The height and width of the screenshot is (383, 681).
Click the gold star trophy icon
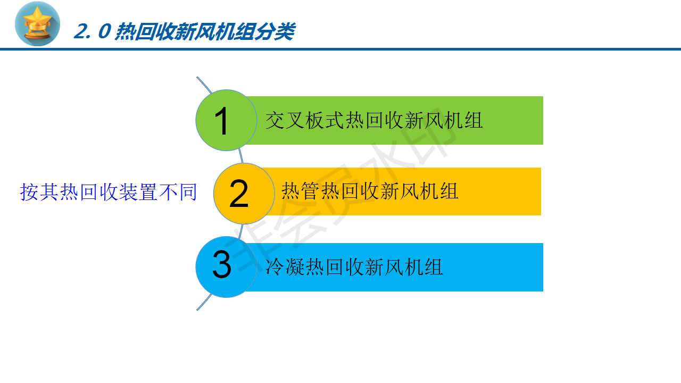pos(37,24)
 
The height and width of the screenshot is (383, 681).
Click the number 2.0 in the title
pos(93,31)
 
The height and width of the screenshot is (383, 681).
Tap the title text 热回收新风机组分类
pos(205,31)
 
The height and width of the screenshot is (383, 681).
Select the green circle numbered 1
pos(226,120)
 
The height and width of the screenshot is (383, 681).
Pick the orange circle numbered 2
pos(244,194)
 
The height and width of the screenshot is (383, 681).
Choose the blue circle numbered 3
pos(226,267)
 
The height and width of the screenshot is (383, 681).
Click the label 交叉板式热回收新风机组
pos(374,121)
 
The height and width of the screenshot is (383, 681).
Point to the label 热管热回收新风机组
pos(370,191)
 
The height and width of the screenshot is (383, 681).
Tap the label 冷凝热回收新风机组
pos(354,267)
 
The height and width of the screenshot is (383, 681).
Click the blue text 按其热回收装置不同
pos(109,192)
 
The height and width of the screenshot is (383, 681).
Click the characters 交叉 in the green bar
pos(285,121)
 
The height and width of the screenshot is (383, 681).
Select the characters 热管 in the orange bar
pos(301,191)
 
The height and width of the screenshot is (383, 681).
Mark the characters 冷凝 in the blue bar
pos(285,267)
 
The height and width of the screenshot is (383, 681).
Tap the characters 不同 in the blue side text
pos(178,192)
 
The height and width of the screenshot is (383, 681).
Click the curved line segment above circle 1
pos(205,85)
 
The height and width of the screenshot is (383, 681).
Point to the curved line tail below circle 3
pos(204,302)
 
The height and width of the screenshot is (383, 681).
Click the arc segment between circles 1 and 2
pos(241,156)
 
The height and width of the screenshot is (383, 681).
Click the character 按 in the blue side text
pos(29,192)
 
